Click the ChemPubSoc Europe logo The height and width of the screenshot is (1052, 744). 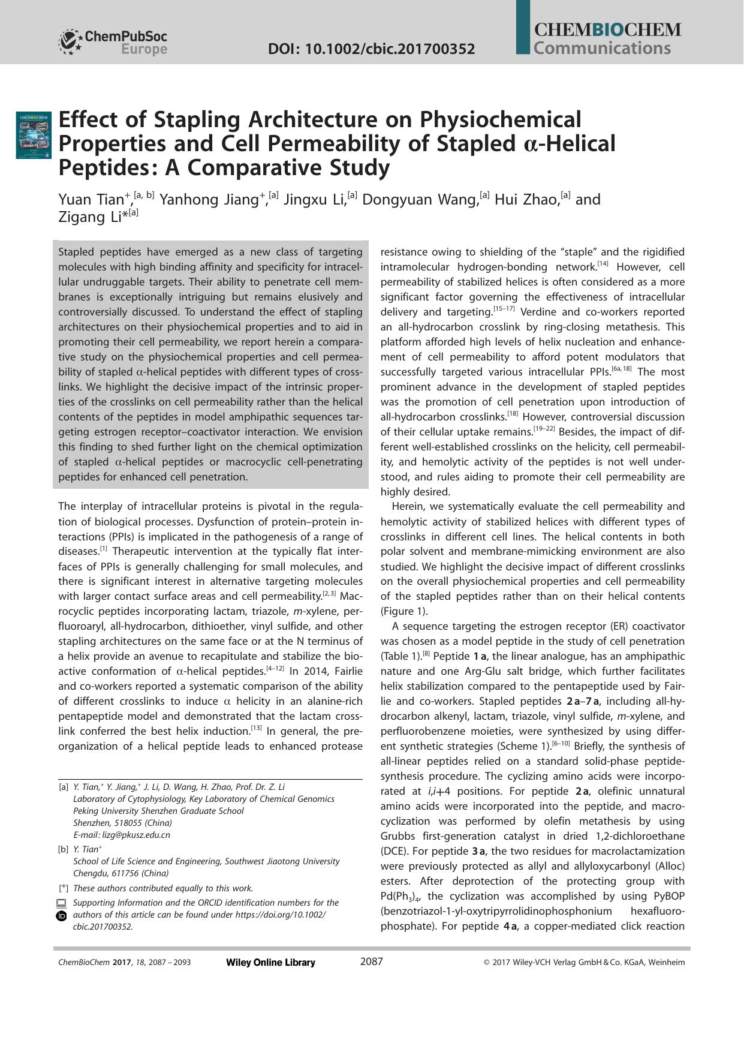tap(113, 42)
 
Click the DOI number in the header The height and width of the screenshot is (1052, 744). tap(371, 49)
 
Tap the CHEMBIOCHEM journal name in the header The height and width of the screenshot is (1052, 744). tap(607, 30)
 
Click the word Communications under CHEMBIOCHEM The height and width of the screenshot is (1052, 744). tap(601, 48)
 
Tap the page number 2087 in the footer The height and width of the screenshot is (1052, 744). tap(371, 962)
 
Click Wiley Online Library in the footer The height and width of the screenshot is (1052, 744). tap(270, 963)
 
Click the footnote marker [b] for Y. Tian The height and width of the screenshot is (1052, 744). tap(63, 849)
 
